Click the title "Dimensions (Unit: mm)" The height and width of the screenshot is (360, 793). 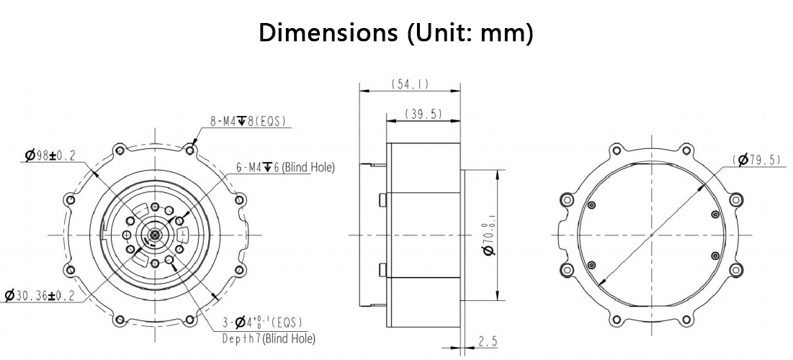point(396,33)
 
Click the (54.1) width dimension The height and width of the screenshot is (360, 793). point(410,84)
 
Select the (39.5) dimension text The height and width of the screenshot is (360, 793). point(424,114)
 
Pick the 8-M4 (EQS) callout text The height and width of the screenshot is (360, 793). point(248,121)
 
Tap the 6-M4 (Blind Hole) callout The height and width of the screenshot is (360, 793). point(285,167)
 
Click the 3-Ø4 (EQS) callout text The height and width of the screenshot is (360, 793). point(262,322)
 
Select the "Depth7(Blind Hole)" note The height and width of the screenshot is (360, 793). point(269,338)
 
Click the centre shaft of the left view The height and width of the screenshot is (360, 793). point(154,235)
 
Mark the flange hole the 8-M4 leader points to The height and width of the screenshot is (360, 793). point(190,150)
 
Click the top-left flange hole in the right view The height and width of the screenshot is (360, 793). point(616,150)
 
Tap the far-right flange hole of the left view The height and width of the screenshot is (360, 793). point(239,199)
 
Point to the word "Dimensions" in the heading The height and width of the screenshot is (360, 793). point(328,33)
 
